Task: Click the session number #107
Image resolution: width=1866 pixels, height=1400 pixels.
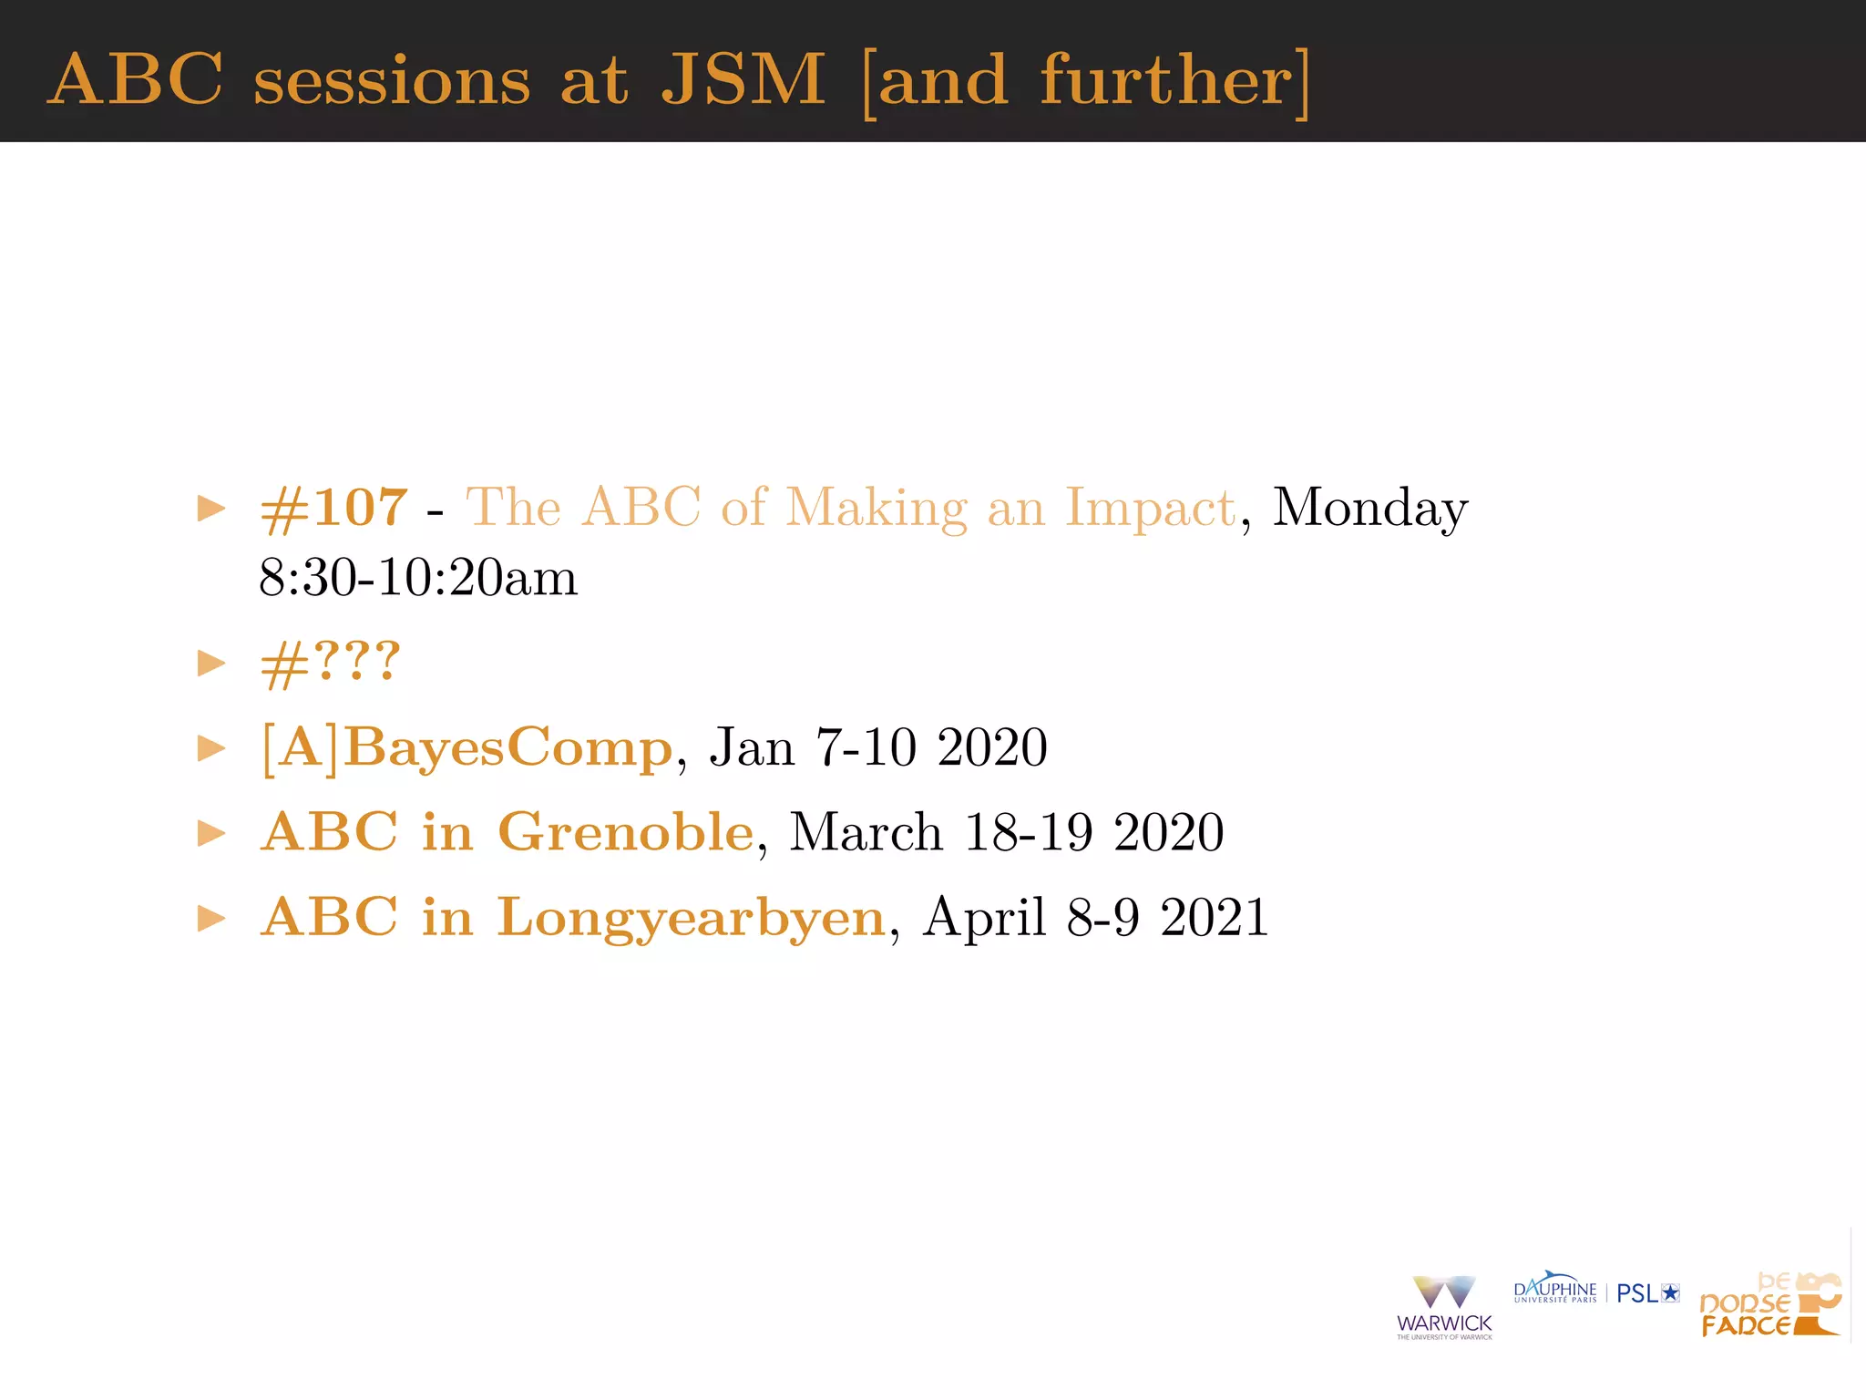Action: pyautogui.click(x=333, y=508)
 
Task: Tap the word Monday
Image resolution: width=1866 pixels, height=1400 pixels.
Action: pyautogui.click(x=1369, y=508)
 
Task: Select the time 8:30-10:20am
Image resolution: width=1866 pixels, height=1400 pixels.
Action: pyautogui.click(x=418, y=578)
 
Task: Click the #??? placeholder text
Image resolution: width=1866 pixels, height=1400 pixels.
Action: pyautogui.click(x=330, y=663)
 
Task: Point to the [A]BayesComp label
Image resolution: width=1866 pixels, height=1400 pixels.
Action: pyautogui.click(x=466, y=748)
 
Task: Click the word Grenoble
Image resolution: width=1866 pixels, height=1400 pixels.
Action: pyautogui.click(x=626, y=832)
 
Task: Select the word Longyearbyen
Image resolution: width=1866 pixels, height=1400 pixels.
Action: pyautogui.click(x=691, y=918)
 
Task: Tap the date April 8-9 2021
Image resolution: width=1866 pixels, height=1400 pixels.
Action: pyautogui.click(x=1095, y=918)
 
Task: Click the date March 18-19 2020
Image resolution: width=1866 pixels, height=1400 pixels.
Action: pyautogui.click(x=1006, y=832)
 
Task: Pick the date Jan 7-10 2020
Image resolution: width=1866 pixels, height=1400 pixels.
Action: pyautogui.click(x=878, y=748)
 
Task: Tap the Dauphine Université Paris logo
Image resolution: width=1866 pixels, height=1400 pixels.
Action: pyautogui.click(x=1554, y=1290)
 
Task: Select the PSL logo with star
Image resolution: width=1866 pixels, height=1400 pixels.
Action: pyautogui.click(x=1647, y=1293)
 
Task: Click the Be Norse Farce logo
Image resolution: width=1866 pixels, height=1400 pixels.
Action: pyautogui.click(x=1769, y=1306)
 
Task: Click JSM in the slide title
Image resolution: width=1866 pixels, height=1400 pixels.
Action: pyautogui.click(x=743, y=80)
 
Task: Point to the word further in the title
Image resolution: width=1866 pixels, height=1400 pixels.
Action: pyautogui.click(x=1166, y=80)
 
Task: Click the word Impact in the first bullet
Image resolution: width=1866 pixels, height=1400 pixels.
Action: pyautogui.click(x=1150, y=508)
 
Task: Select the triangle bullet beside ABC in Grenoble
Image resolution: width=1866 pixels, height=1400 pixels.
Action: pyautogui.click(x=211, y=833)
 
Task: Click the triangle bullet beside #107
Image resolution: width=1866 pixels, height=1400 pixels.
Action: pyautogui.click(x=211, y=509)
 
